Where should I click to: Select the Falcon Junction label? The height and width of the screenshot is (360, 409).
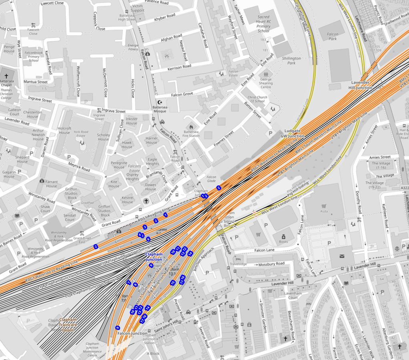click(x=132, y=333)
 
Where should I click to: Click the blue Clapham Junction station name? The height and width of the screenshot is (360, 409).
click(x=154, y=257)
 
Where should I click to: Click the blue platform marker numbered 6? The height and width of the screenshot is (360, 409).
click(x=148, y=239)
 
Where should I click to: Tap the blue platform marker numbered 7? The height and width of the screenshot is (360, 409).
click(x=128, y=283)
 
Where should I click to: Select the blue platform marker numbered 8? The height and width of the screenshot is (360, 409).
click(x=136, y=285)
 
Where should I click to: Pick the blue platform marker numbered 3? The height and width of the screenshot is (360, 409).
click(x=145, y=227)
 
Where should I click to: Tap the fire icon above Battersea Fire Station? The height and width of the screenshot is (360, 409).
click(x=191, y=127)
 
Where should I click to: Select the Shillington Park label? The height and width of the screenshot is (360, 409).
click(x=291, y=60)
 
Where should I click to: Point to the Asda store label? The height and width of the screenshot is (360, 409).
click(x=323, y=211)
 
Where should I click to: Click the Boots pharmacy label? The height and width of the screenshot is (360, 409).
click(x=283, y=241)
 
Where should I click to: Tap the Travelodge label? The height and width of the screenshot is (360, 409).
click(x=238, y=264)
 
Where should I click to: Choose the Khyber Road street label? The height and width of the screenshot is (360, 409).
click(x=165, y=18)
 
